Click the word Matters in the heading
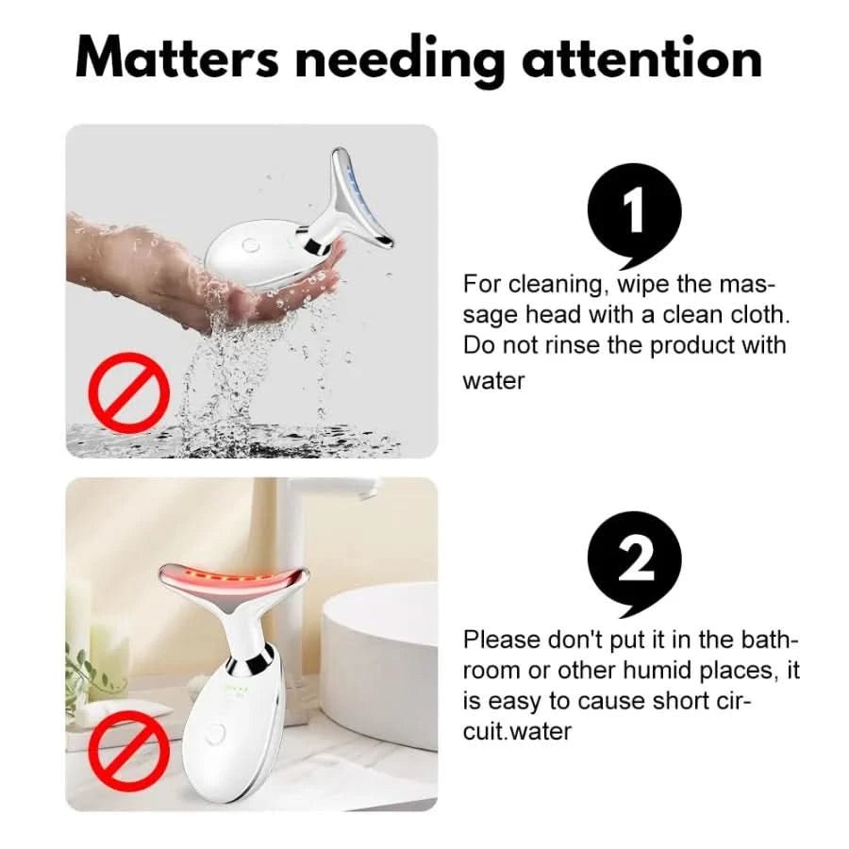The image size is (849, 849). click(x=177, y=58)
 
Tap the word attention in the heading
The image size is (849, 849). click(x=642, y=58)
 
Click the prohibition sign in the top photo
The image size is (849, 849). click(x=129, y=393)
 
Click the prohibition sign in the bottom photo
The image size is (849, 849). click(x=129, y=751)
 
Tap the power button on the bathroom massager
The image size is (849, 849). click(x=215, y=734)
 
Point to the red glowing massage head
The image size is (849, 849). click(x=234, y=585)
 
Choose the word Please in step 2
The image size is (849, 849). click(x=502, y=640)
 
